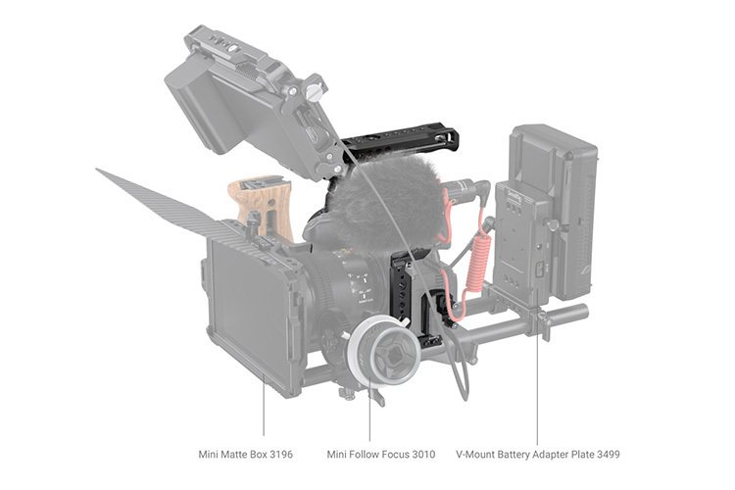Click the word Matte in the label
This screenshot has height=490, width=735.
point(244,455)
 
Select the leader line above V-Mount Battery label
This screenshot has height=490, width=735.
point(537,392)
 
